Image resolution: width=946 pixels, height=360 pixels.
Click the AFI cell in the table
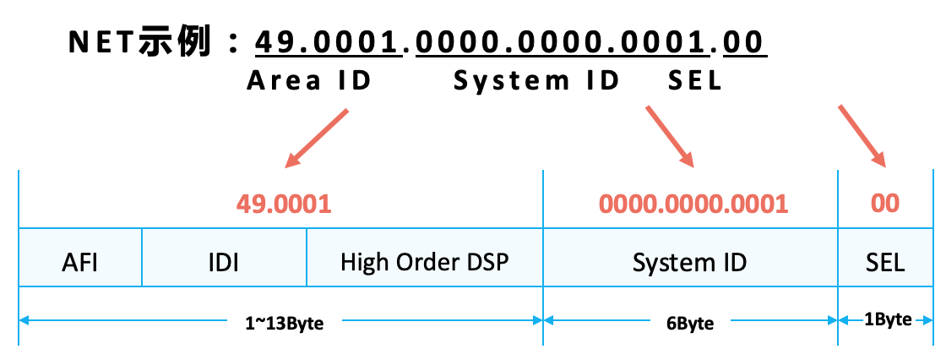click(80, 262)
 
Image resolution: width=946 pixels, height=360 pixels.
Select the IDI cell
click(224, 262)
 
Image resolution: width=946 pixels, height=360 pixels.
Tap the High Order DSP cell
click(424, 262)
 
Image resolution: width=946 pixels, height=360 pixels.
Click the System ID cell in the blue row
click(689, 262)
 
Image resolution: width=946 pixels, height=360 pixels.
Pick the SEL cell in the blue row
click(885, 262)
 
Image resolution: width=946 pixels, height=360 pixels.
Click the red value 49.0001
click(283, 204)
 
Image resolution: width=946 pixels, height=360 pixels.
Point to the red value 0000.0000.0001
click(693, 204)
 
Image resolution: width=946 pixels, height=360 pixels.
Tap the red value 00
click(885, 204)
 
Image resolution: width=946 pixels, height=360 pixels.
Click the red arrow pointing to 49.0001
click(318, 137)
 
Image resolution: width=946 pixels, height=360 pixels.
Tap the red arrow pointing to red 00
click(861, 135)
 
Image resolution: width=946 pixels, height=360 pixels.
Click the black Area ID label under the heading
click(309, 82)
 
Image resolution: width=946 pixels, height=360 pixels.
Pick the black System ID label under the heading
click(537, 82)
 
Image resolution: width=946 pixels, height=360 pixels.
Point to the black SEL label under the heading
click(694, 82)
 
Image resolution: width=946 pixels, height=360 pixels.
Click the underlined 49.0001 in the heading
click(328, 42)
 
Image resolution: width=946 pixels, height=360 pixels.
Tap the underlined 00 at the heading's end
click(743, 42)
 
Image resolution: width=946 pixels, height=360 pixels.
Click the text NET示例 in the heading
click(139, 42)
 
